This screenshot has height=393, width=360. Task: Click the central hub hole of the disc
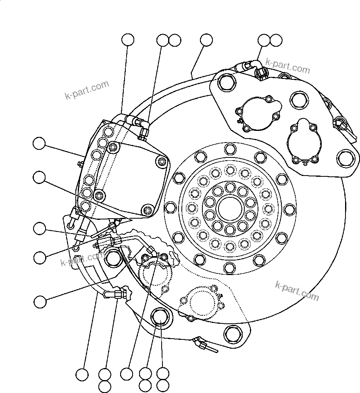pyautogui.click(x=229, y=209)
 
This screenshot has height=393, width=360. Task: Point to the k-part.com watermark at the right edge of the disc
pyautogui.click(x=297, y=291)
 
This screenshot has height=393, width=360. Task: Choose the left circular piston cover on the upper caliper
pyautogui.click(x=257, y=114)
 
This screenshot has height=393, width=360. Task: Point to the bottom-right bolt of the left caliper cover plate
pyautogui.click(x=148, y=210)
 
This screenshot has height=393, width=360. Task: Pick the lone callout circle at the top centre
pyautogui.click(x=206, y=40)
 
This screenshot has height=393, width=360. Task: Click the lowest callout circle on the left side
pyautogui.click(x=40, y=301)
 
